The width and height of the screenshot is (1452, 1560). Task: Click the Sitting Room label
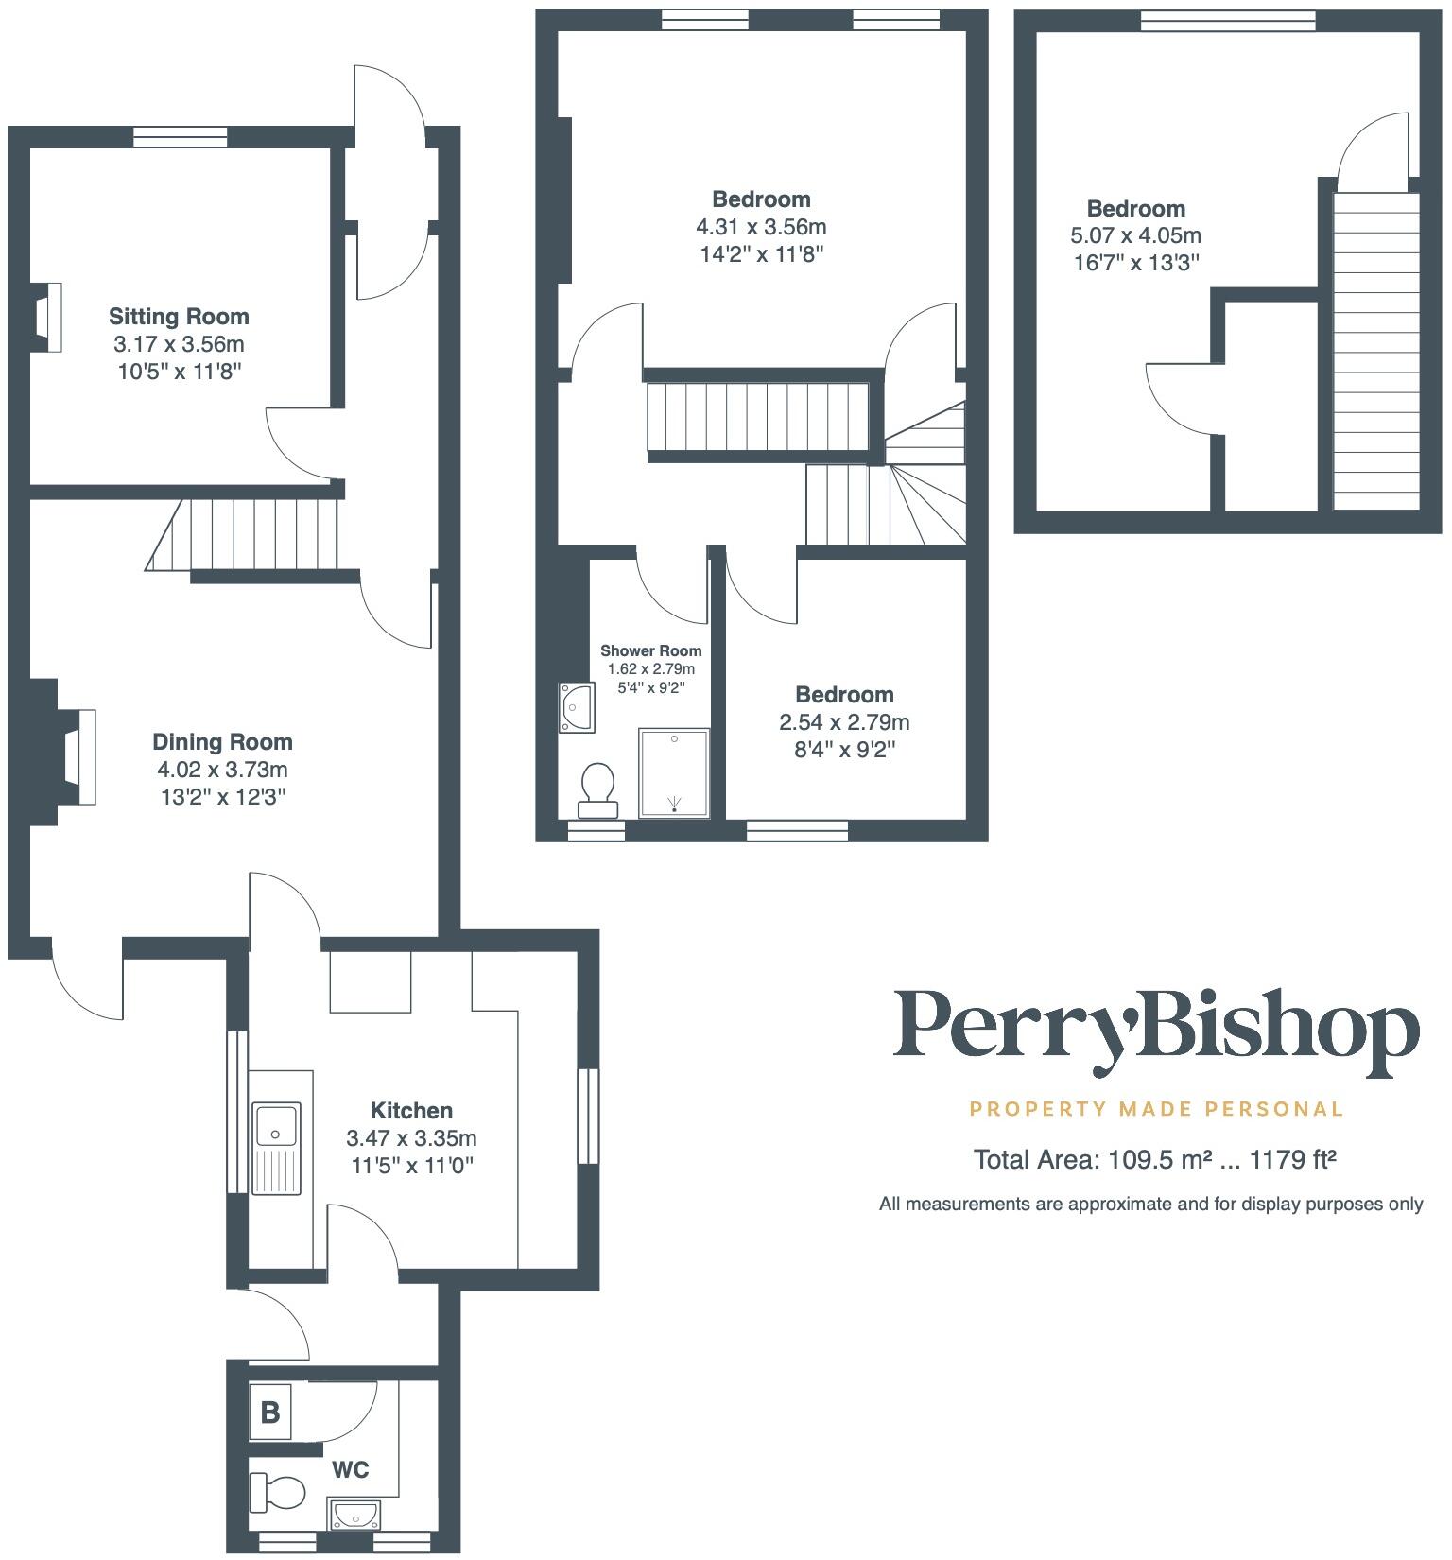[x=179, y=317]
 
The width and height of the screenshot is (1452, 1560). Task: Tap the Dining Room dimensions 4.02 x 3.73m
[x=223, y=770]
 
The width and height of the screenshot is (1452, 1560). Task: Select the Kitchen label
[x=411, y=1110]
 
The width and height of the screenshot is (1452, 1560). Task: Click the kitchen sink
[x=276, y=1147]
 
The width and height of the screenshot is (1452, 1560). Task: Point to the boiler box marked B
[x=270, y=1413]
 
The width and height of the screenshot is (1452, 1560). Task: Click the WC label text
[x=350, y=1469]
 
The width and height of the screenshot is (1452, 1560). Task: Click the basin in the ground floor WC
[x=354, y=1515]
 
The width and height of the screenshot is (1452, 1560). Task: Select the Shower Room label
[x=651, y=650]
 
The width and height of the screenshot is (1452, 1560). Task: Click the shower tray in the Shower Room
[x=674, y=772]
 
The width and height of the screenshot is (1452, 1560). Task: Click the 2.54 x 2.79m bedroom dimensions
[x=844, y=722]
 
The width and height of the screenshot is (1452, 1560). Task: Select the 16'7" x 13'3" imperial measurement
[x=1135, y=262]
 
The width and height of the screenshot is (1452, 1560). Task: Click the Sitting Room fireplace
[x=48, y=318]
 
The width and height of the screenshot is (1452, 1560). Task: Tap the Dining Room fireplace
[x=76, y=756]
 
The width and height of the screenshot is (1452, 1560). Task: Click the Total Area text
[x=1154, y=1159]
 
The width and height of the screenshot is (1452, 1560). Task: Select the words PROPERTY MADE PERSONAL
[x=1156, y=1108]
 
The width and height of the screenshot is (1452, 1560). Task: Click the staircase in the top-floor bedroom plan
[x=1375, y=350]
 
